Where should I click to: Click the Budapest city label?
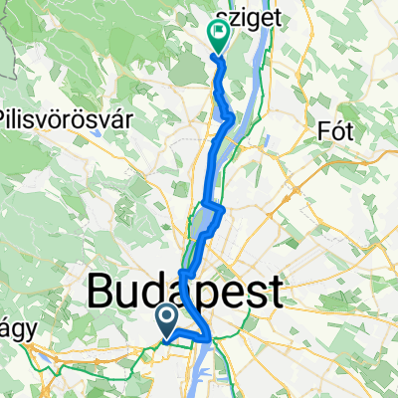pyautogui.click(x=185, y=293)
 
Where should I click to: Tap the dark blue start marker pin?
pyautogui.click(x=165, y=318)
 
